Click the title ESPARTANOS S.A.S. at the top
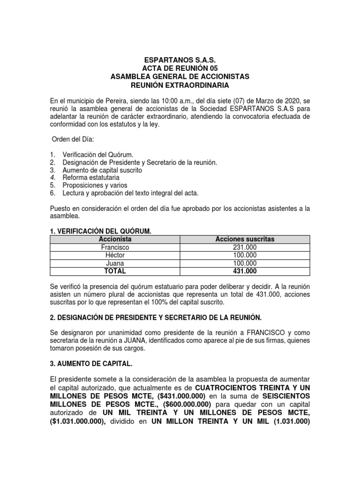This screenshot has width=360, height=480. tap(180, 60)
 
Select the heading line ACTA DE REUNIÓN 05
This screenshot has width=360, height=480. tap(180, 68)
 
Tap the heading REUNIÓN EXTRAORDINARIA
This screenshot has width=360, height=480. tap(180, 85)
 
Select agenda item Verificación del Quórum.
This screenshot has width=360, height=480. tap(98, 154)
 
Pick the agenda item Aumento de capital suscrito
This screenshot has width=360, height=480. tap(102, 170)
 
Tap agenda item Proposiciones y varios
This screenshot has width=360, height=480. tap(94, 186)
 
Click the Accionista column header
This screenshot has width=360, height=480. tap(115, 239)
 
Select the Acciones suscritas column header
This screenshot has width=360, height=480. tap(245, 239)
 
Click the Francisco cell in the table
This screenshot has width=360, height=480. tap(115, 247)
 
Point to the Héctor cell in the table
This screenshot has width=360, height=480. tap(115, 255)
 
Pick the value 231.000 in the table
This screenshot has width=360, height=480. tap(245, 247)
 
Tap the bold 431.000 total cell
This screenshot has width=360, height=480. tap(245, 271)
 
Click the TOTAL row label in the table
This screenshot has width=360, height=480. tap(115, 271)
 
